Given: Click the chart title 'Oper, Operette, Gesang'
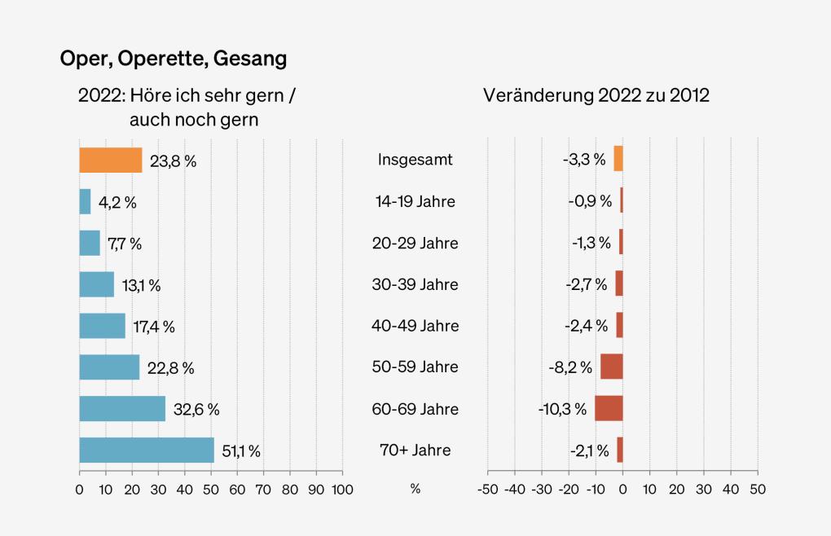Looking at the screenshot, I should [x=173, y=59].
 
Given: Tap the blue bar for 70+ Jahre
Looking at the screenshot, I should [x=147, y=450].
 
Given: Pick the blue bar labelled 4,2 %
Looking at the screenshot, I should [x=85, y=201].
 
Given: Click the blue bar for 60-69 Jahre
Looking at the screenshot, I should [x=122, y=409].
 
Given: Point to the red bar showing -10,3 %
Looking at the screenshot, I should [x=609, y=409].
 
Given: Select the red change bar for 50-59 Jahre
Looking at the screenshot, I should [x=612, y=367].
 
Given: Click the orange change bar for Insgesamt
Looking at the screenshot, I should [x=618, y=159].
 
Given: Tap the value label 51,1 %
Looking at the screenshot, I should [x=241, y=451].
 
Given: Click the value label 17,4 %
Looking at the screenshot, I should [x=154, y=327].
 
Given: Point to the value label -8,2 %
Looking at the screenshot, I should [x=570, y=368].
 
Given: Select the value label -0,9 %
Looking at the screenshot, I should [x=590, y=201].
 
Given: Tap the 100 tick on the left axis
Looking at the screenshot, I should [x=342, y=490].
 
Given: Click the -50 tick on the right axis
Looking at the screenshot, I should [x=487, y=490].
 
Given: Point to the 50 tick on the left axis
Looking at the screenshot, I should [x=210, y=490].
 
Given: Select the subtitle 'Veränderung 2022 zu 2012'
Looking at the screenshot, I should [x=596, y=95].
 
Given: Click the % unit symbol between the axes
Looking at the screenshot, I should [x=415, y=490].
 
